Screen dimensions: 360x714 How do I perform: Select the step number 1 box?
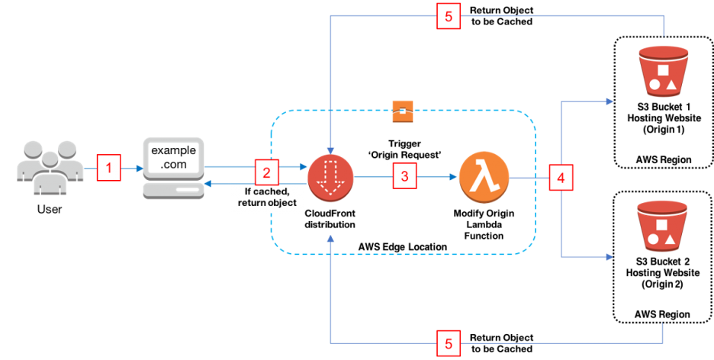coord(109,168)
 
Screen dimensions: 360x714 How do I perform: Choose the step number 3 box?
coord(405,176)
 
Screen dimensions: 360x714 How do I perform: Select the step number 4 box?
coord(561,178)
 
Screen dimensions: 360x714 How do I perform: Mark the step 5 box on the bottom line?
coord(449,344)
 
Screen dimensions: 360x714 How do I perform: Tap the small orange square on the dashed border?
coord(402,111)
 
